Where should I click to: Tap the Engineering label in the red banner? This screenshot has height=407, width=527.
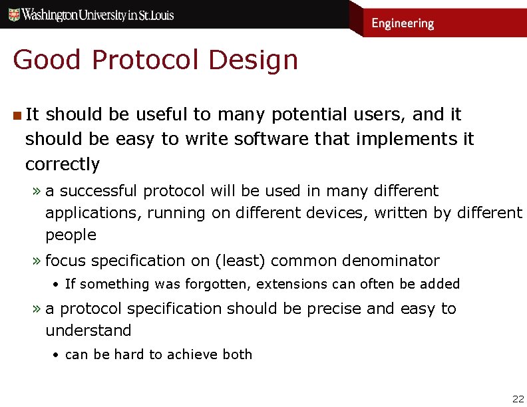point(402,23)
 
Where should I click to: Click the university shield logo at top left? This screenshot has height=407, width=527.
point(13,14)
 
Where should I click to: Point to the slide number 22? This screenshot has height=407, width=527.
point(518,399)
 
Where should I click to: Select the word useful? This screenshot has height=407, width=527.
point(162,114)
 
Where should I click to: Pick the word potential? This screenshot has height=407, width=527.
point(303,114)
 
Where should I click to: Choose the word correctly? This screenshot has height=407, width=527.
point(63,164)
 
